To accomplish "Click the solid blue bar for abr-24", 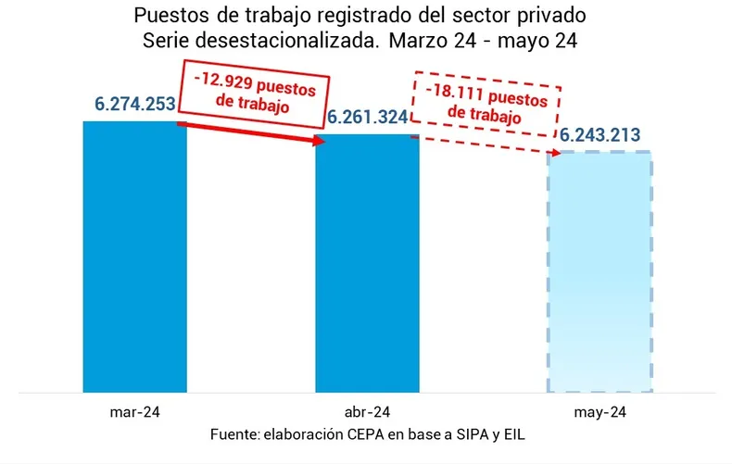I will [x=367, y=263].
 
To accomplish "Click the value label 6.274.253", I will [x=135, y=105].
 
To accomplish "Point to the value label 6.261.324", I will [x=367, y=119].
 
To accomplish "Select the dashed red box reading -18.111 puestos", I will [x=486, y=103].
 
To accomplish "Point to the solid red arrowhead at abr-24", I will [x=321, y=141].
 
